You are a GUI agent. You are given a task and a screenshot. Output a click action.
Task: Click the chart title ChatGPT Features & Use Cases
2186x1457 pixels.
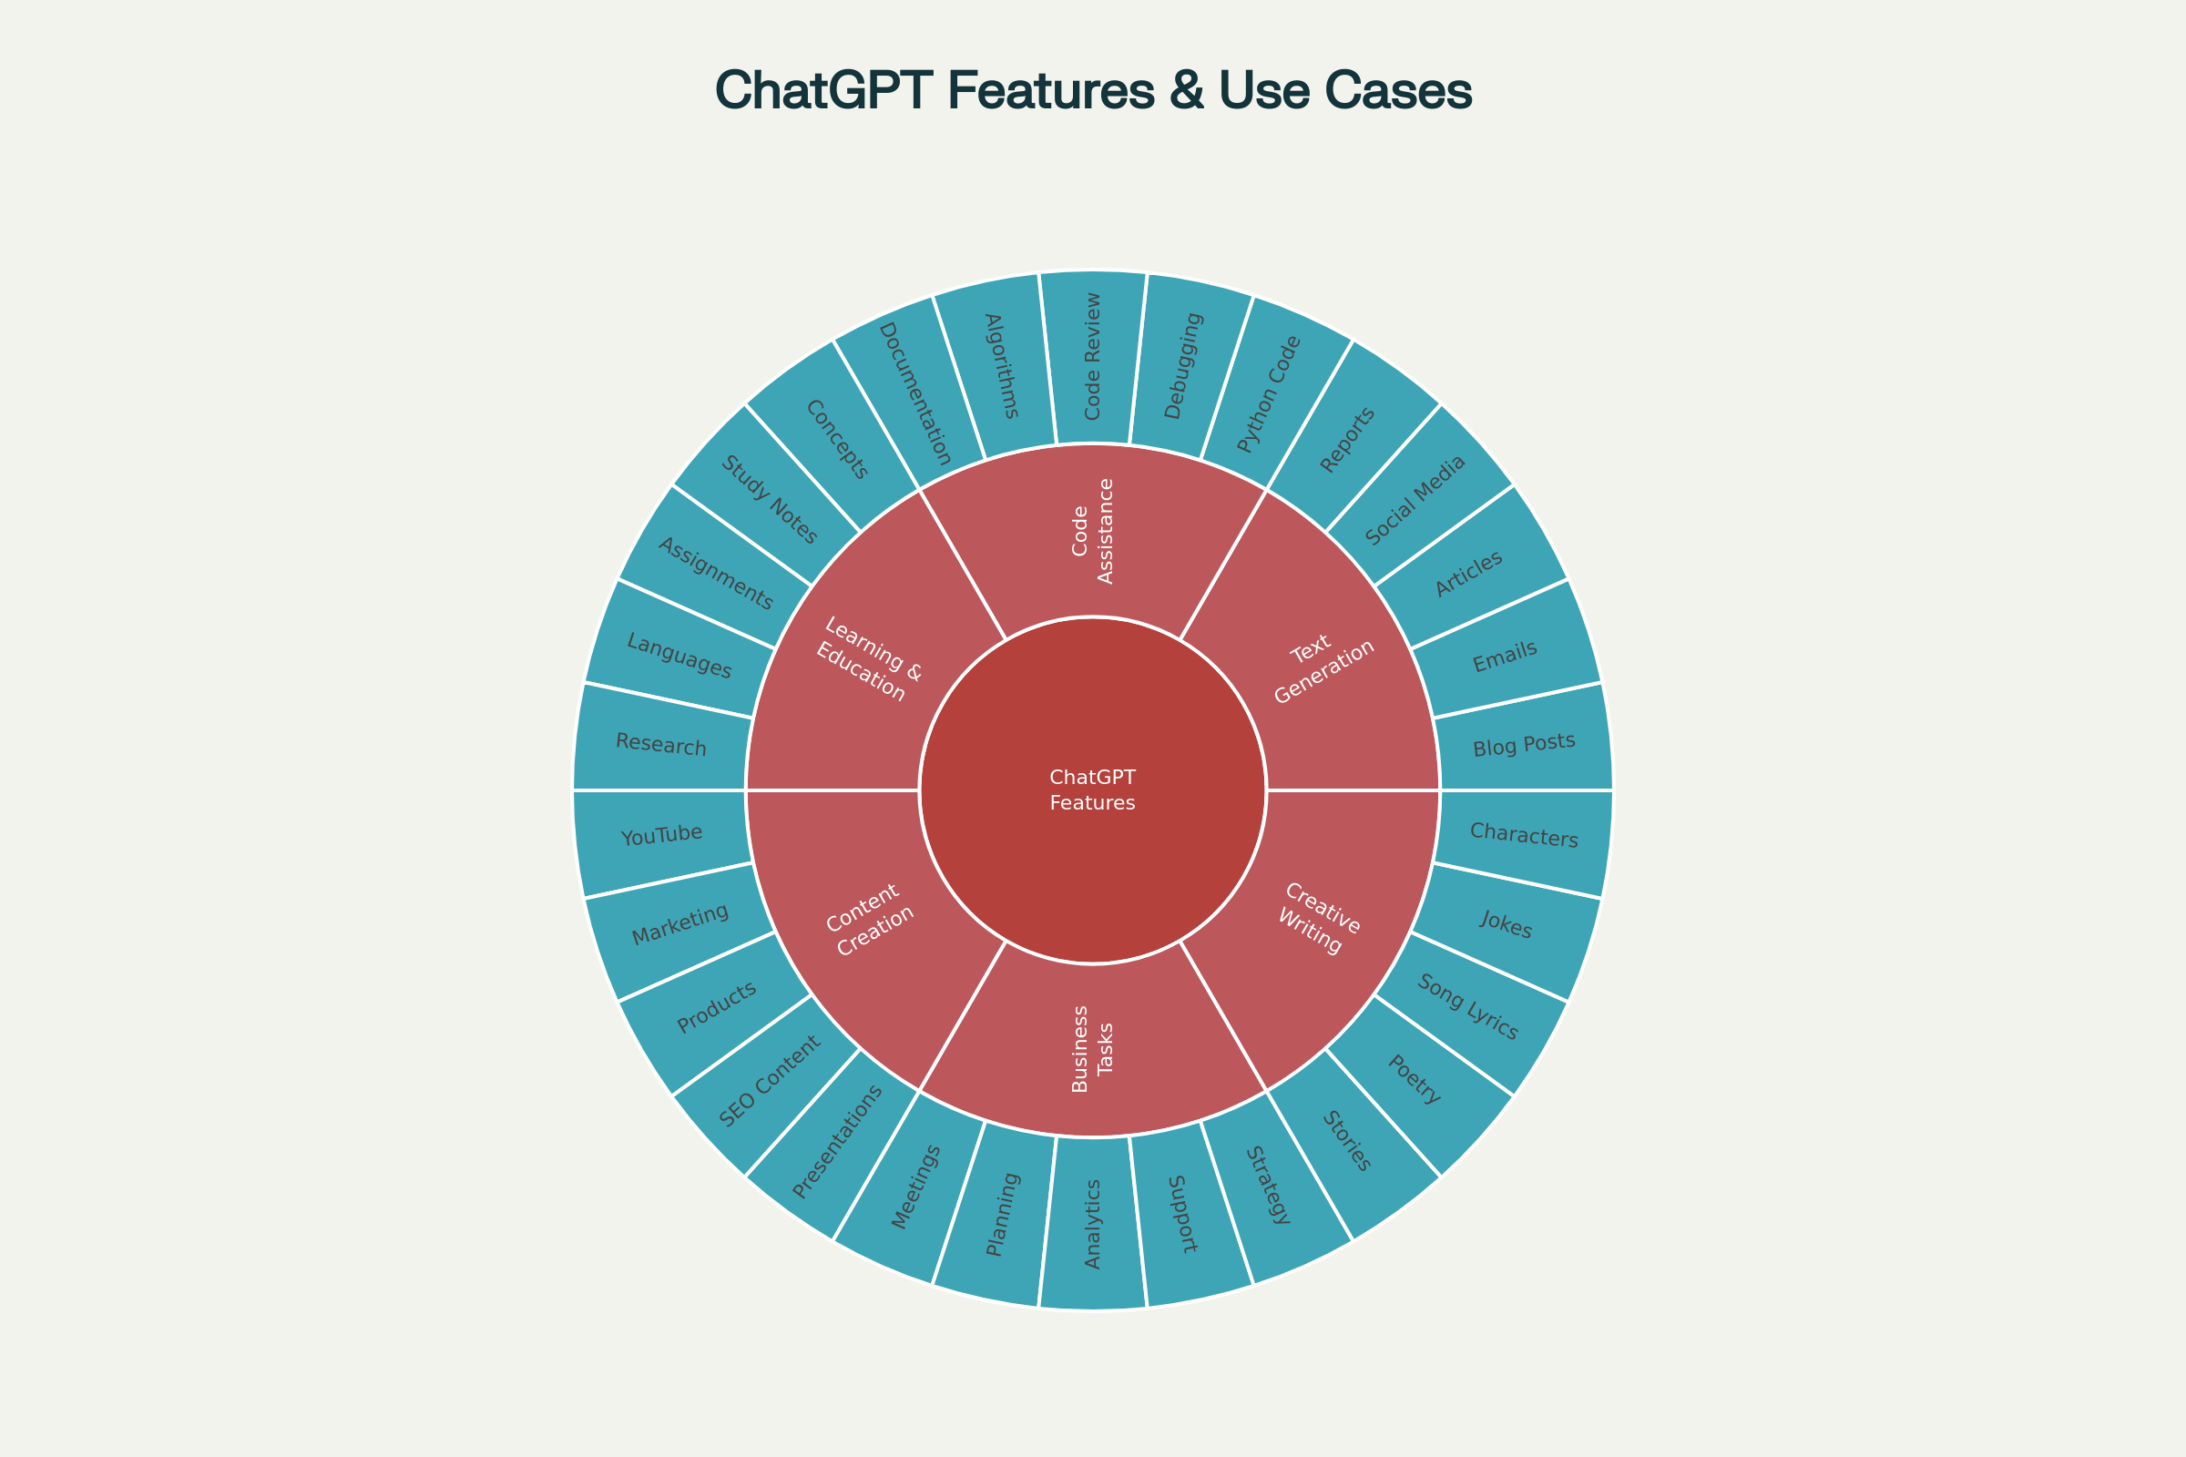(1093, 92)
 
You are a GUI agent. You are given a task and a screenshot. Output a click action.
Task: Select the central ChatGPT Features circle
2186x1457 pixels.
(1093, 790)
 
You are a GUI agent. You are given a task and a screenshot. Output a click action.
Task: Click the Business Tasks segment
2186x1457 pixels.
(1093, 1050)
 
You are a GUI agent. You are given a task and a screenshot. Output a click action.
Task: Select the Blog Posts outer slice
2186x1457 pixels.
(1524, 743)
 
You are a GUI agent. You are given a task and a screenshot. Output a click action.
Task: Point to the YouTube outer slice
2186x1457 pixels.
(662, 835)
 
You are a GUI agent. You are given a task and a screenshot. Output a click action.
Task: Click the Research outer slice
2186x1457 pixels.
(662, 744)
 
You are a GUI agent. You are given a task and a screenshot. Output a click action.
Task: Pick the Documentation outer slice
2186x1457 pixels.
(915, 394)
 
